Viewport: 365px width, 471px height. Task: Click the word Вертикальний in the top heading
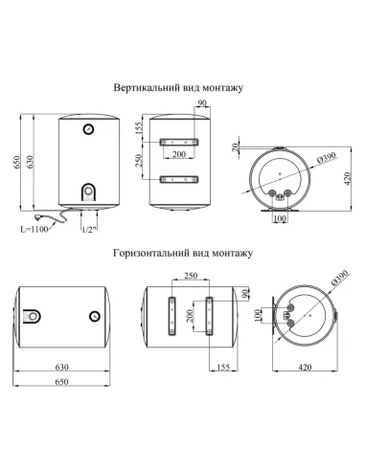pos(148,88)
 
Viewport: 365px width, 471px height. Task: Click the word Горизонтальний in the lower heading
pos(151,253)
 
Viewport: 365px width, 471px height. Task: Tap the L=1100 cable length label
pos(34,229)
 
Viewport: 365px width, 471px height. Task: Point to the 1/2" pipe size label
pos(89,230)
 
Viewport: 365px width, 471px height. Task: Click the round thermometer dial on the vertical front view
pos(88,129)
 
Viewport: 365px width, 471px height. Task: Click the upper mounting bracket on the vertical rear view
pos(179,142)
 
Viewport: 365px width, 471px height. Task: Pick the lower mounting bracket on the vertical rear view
pos(179,180)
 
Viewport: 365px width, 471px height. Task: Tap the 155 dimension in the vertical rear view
pos(138,128)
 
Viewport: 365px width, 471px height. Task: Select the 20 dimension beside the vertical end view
pos(236,147)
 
